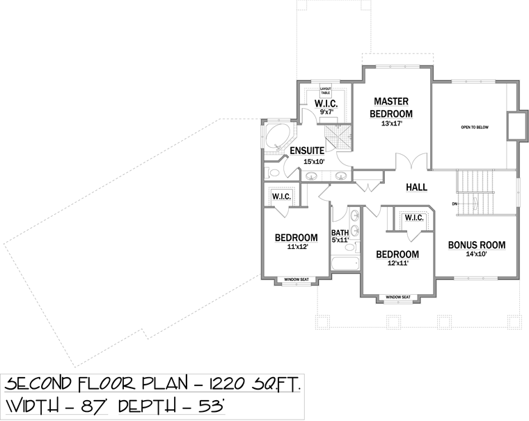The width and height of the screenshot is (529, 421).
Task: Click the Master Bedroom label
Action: point(391,107)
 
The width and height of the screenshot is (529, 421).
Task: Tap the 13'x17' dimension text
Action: point(392,123)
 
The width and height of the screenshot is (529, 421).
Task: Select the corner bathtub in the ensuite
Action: point(277,137)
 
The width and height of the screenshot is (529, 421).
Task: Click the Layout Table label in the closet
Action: point(325,91)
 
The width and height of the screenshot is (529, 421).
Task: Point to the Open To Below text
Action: point(475,128)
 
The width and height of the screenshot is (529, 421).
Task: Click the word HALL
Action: point(417,187)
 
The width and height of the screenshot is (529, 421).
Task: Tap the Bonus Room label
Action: point(476,245)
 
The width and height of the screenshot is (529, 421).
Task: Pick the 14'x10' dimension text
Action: point(476,254)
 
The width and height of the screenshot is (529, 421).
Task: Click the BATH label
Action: point(340,233)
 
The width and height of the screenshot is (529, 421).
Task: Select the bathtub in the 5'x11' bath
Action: point(345,263)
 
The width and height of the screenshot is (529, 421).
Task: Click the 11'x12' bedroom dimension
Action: point(297,247)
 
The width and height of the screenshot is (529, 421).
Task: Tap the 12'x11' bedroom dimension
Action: point(397,263)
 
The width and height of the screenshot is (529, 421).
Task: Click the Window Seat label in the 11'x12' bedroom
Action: point(297,280)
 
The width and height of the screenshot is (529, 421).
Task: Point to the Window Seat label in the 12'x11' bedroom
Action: point(398,297)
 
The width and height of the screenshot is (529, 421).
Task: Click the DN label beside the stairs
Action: point(455,204)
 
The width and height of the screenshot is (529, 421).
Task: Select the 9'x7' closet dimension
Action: point(326,112)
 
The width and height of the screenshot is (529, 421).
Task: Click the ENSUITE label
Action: point(307,151)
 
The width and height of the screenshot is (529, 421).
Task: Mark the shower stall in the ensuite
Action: point(338,137)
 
